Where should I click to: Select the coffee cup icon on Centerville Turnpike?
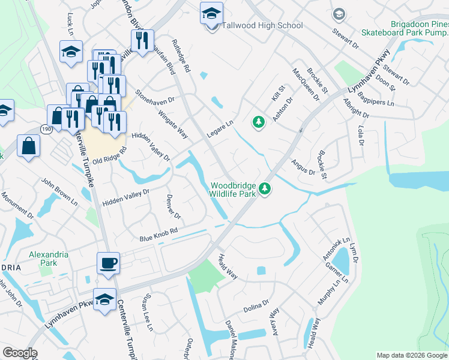(108, 263)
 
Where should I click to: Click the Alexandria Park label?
(48, 259)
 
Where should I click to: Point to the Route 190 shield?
(46, 128)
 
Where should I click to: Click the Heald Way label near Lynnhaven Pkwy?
(228, 266)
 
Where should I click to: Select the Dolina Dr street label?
(256, 308)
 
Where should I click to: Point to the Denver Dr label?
(173, 206)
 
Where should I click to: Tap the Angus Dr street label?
(303, 167)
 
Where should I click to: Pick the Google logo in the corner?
(20, 353)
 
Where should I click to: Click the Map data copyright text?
(411, 355)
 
